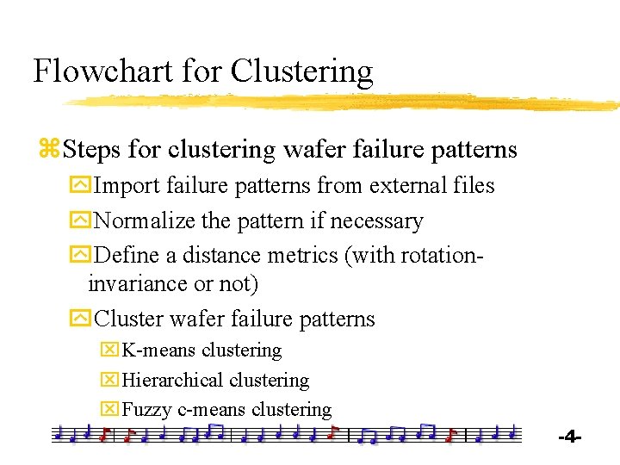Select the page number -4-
[570, 437]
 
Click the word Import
[127, 185]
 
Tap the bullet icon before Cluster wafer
[79, 319]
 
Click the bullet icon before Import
[79, 186]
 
